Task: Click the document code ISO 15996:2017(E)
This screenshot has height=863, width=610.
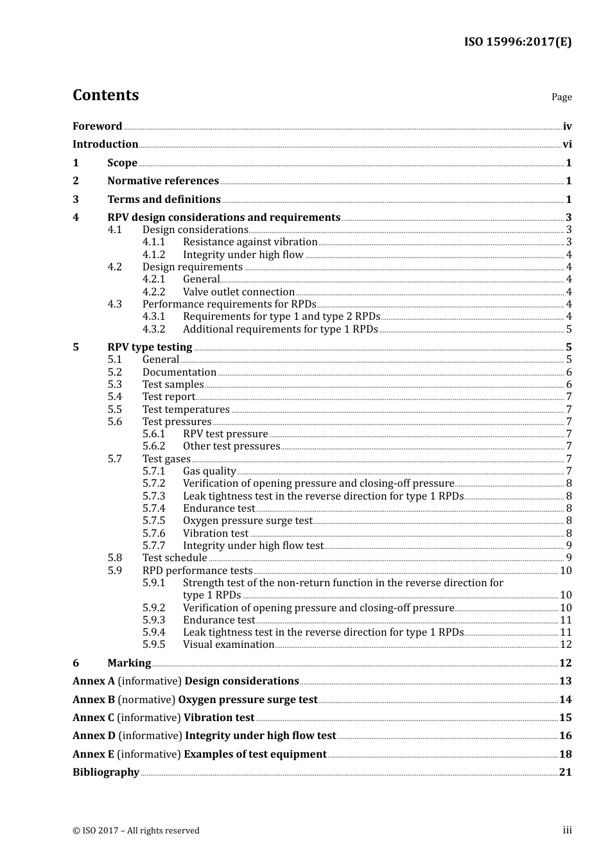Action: point(518,42)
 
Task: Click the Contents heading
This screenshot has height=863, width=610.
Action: point(105,95)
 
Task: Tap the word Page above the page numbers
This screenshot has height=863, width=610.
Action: point(561,97)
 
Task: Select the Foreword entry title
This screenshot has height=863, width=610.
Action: point(97,126)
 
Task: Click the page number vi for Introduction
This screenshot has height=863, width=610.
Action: point(567,144)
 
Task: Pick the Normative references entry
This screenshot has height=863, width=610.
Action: point(163,181)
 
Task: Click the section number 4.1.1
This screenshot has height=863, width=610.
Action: point(153,242)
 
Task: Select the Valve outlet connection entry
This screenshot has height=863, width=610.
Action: point(238,292)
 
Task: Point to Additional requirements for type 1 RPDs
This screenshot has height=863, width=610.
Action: point(280,329)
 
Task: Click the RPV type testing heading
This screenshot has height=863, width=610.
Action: point(150,347)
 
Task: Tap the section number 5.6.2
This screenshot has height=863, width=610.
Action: point(153,446)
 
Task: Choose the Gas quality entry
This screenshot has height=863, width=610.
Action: point(209,471)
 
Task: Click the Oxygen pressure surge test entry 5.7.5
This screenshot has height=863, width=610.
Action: point(247,521)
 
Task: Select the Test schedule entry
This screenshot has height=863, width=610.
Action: point(175,558)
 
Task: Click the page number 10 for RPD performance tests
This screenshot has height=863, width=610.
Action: point(566,571)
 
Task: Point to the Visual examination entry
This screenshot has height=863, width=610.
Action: point(229,645)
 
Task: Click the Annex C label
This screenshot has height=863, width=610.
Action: point(93,718)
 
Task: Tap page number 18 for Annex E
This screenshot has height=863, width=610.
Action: point(565,754)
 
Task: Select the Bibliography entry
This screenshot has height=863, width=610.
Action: point(106,772)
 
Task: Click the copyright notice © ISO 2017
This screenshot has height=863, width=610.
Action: point(136,831)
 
